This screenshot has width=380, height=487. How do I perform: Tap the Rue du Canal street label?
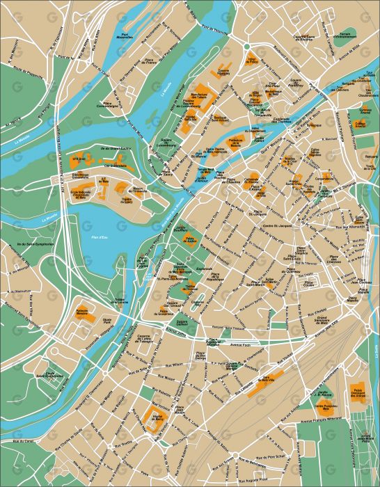coord(23,440)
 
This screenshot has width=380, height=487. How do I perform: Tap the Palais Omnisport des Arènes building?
coord(358,393)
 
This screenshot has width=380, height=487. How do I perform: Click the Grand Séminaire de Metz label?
coord(322,319)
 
